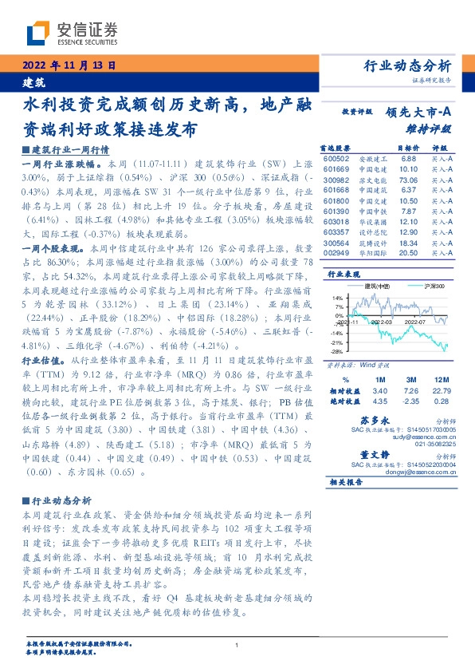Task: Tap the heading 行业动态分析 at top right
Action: [406, 65]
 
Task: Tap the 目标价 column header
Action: [407, 148]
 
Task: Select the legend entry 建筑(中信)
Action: [374, 284]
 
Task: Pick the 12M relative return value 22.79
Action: [438, 390]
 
